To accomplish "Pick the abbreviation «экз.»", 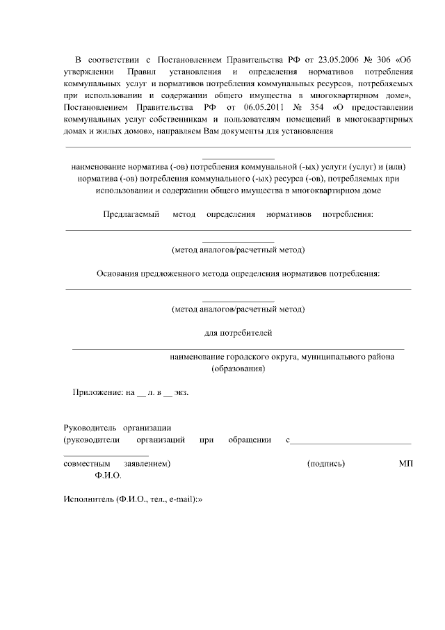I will pos(181,392).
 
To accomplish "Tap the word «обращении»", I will pos(249,439).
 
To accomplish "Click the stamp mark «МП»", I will pos(406,463).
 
